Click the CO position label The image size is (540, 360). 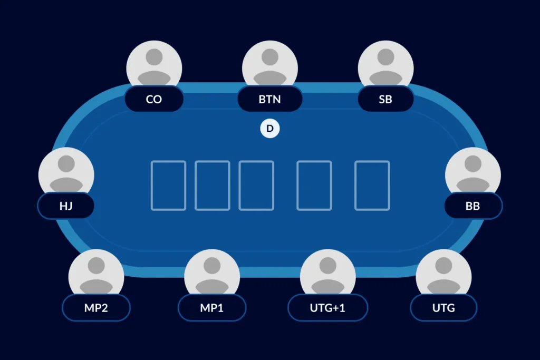click(154, 99)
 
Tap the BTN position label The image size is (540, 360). click(269, 99)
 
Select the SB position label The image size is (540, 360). click(385, 99)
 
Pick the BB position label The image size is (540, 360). click(473, 206)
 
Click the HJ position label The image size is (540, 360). click(66, 206)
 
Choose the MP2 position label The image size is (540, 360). click(96, 308)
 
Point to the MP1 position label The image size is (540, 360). click(212, 308)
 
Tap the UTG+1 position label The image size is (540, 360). click(327, 308)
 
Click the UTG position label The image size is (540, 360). click(443, 308)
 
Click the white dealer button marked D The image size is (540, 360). click(270, 129)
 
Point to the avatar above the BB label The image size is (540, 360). click(473, 172)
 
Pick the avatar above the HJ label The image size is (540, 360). click(66, 172)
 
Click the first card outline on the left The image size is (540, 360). click(168, 186)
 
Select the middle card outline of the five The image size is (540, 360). click(256, 186)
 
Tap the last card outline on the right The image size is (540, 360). click(372, 186)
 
